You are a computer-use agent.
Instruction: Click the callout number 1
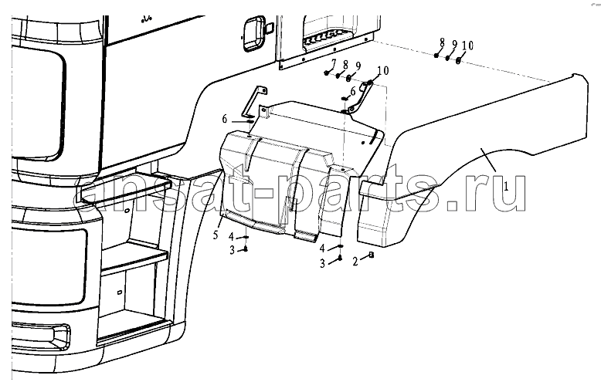pos(506,187)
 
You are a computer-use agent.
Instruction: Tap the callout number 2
pos(355,262)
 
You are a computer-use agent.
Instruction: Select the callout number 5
pos(216,235)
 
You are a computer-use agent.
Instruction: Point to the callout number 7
pos(334,63)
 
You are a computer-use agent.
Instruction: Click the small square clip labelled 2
pos(371,255)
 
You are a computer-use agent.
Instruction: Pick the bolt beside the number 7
pos(326,73)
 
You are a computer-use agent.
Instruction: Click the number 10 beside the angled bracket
pos(383,71)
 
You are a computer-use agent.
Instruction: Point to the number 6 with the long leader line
pos(225,119)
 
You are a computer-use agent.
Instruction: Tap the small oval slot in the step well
pos(119,292)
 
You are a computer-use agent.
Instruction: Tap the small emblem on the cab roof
pos(147,18)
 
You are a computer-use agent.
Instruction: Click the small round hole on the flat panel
pos(363,143)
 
